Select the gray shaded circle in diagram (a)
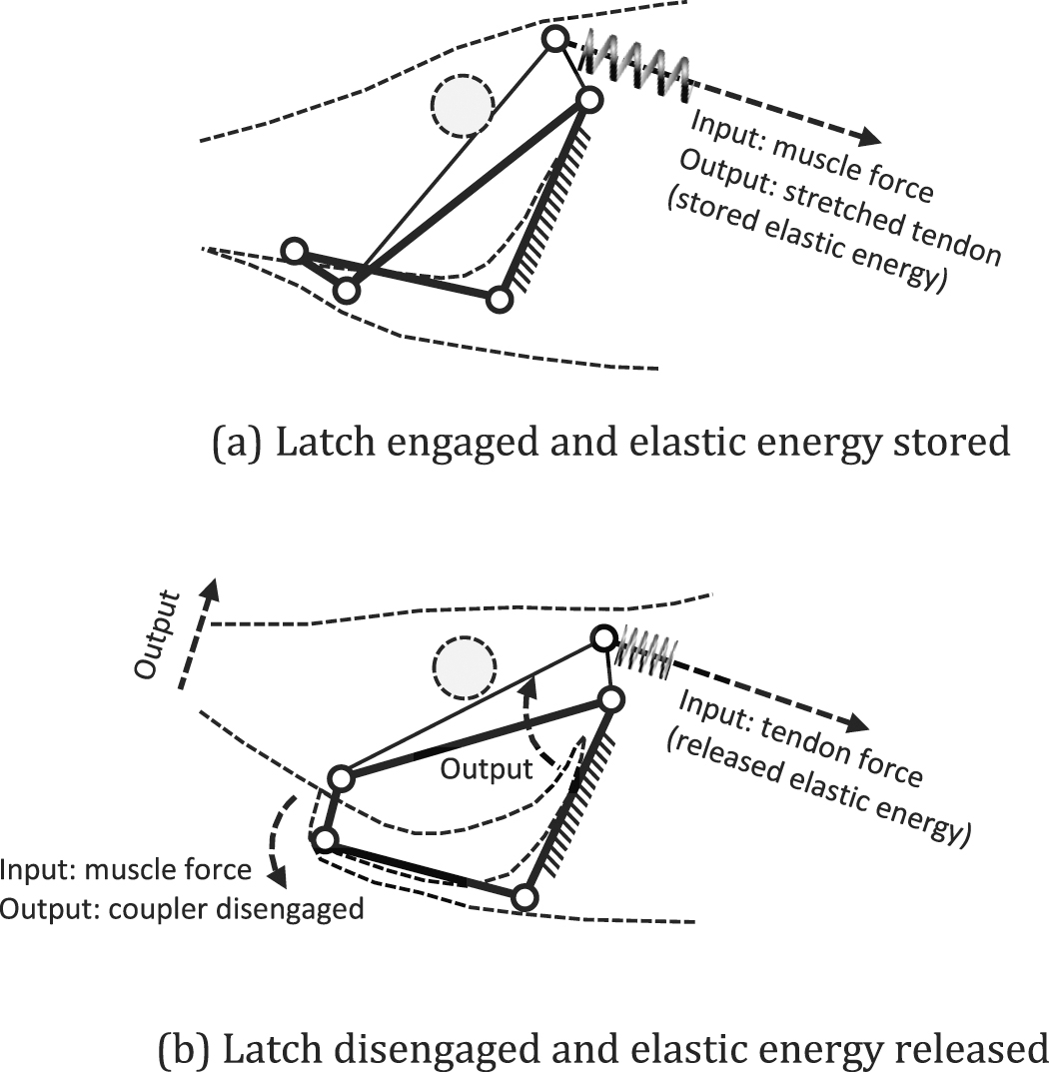tap(463, 104)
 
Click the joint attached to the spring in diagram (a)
tap(556, 39)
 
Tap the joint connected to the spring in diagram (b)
tap(603, 637)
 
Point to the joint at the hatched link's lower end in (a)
tap(500, 298)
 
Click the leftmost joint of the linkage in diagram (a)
tap(294, 250)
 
